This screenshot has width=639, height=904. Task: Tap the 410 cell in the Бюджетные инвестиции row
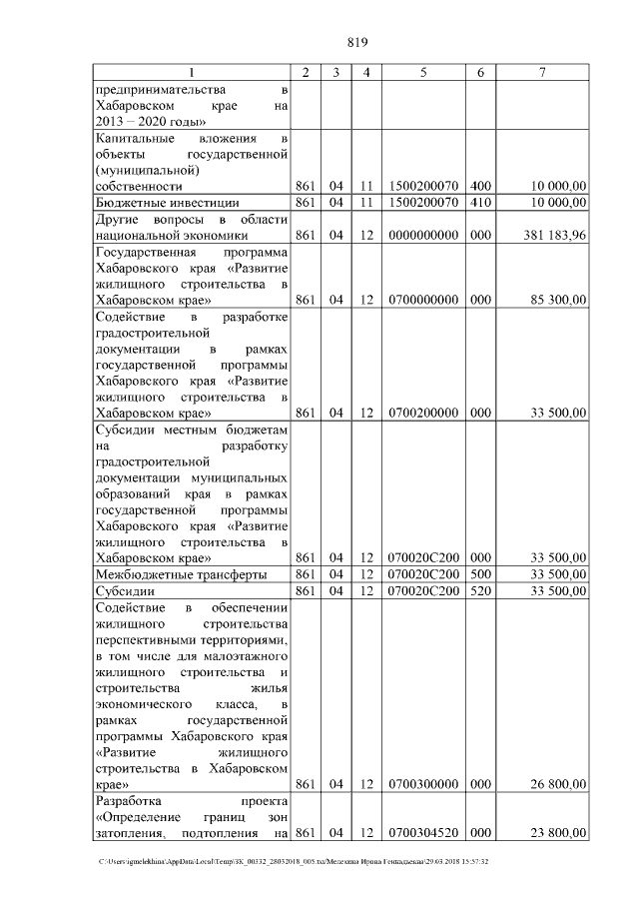pos(480,202)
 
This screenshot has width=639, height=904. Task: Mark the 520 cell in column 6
pos(480,590)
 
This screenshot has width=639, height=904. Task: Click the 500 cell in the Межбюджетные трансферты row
pos(480,574)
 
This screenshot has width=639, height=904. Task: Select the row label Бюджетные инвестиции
pos(146,202)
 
